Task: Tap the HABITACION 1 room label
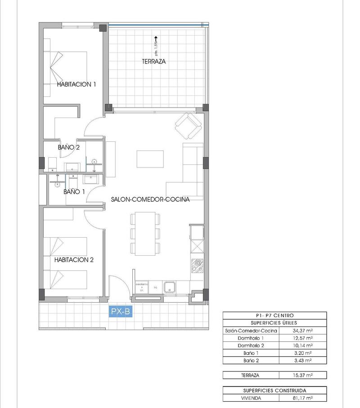(76, 84)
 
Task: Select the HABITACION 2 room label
(74, 260)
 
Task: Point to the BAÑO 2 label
(69, 147)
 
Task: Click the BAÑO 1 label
(74, 192)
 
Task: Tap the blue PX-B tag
(121, 311)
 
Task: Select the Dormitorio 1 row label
(251, 338)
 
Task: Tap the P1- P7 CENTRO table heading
(274, 316)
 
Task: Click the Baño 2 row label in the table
(251, 360)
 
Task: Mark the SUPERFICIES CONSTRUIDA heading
(274, 390)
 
